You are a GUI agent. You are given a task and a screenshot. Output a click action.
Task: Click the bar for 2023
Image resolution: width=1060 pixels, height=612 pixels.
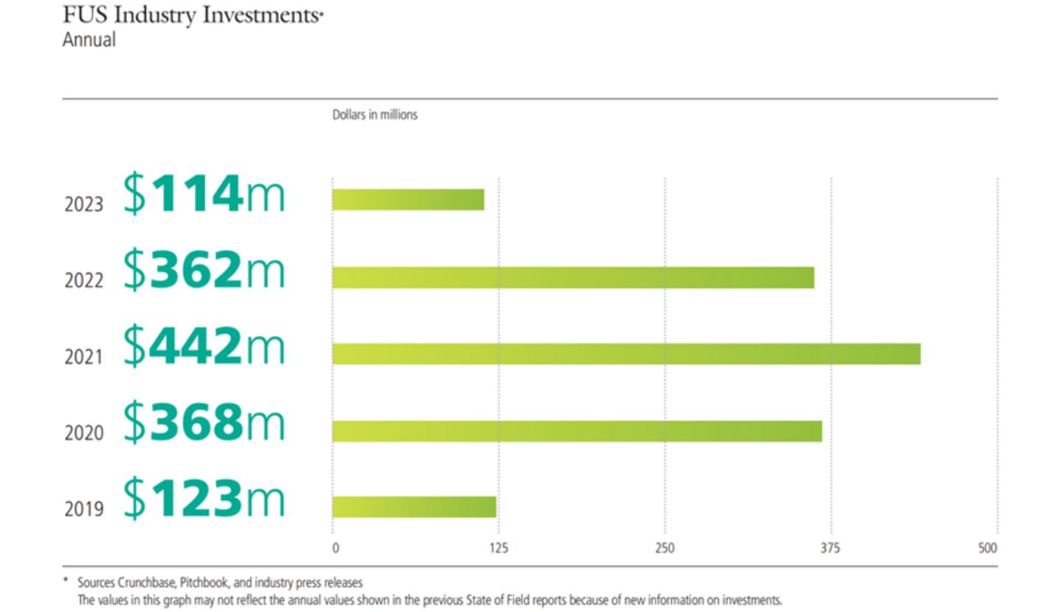tap(408, 200)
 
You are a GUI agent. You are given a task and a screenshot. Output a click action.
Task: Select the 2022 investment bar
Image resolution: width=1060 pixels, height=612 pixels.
tap(573, 277)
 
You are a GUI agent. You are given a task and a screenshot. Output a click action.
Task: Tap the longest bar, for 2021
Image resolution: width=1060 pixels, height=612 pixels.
tap(626, 354)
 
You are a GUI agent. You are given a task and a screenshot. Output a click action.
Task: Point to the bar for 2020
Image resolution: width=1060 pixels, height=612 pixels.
tap(577, 431)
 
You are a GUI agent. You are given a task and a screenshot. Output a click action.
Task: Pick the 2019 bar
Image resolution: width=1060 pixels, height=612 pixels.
tap(414, 507)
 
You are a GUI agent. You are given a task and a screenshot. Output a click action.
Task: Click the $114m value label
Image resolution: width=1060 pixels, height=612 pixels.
tap(203, 194)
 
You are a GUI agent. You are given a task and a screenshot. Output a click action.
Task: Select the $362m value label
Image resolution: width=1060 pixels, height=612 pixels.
tap(203, 270)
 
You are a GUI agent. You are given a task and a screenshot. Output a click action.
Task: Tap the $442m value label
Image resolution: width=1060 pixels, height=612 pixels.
tap(203, 348)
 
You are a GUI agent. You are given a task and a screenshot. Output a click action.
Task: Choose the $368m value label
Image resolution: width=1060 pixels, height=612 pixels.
tap(203, 424)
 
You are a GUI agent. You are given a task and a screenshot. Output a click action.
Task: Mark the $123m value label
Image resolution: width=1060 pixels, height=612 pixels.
tap(203, 501)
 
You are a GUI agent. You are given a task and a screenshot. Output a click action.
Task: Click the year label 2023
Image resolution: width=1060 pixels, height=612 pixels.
tap(84, 204)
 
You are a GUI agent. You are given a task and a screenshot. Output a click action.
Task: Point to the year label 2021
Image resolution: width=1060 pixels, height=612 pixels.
tap(84, 358)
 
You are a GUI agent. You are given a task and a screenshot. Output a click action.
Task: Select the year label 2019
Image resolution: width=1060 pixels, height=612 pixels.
tap(84, 509)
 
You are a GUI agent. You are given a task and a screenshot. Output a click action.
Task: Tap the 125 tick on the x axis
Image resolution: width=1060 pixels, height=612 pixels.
tap(499, 548)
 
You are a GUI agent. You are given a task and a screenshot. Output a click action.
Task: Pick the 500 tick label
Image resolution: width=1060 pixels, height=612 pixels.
tap(987, 548)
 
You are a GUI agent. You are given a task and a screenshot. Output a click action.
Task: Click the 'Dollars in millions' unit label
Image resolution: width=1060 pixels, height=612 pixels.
tap(375, 116)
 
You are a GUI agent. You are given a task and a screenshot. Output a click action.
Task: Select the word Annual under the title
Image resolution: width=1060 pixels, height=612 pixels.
tap(88, 40)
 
